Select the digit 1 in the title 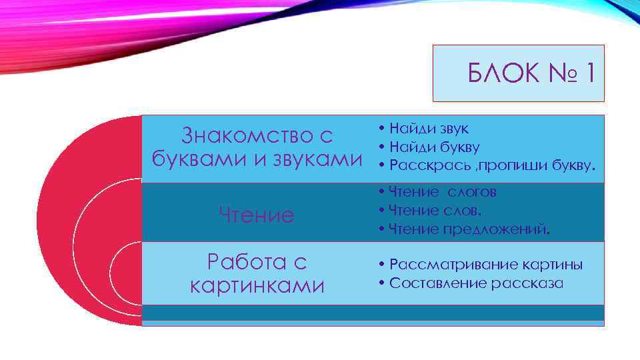[589, 73]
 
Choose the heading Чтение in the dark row [257, 215]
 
